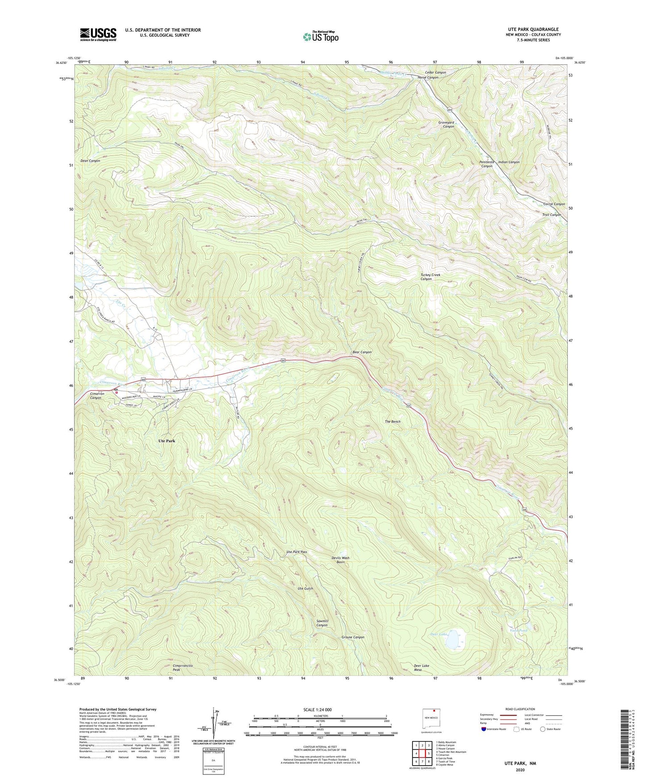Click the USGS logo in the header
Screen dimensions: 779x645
pos(98,34)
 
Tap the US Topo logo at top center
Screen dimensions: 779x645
pos(320,37)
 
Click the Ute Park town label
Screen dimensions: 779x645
pos(166,441)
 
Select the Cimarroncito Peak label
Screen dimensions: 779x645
pos(183,668)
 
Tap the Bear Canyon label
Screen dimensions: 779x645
pos(362,352)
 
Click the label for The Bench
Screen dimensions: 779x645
pos(392,422)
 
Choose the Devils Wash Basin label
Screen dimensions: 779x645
pos(341,560)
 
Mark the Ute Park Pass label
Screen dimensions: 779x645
pos(296,552)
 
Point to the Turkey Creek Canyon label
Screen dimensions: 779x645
pos(430,277)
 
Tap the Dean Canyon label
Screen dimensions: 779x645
pos(90,161)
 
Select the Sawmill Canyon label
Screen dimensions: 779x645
pos(322,623)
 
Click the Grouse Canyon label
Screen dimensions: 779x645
pos(353,637)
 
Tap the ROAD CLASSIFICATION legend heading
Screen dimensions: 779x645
pos(520,709)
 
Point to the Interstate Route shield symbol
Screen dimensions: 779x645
pos(484,729)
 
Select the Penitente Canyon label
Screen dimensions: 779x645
pos(487,164)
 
